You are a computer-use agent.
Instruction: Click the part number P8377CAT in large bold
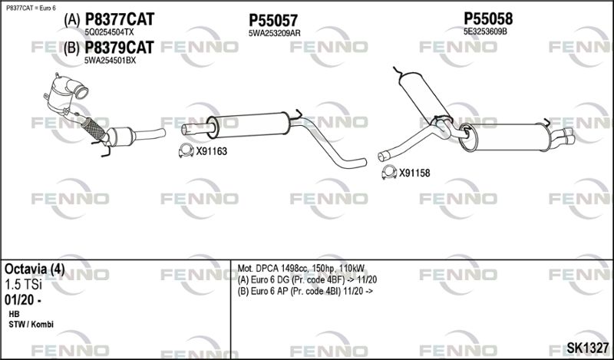point(120,19)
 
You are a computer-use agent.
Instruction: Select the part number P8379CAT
point(120,48)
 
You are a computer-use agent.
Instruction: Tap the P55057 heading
point(273,21)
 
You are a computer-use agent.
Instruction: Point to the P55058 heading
point(488,18)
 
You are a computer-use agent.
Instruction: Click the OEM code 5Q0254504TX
point(109,32)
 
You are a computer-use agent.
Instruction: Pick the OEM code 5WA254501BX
point(111,61)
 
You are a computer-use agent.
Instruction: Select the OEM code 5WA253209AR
point(275,34)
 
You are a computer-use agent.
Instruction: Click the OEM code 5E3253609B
point(486,31)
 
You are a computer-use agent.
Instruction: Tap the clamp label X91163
point(212,152)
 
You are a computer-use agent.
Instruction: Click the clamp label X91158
point(414,173)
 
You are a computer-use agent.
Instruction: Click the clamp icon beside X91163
point(186,150)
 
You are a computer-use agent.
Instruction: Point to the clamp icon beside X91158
point(389,172)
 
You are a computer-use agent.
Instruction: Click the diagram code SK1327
point(588,348)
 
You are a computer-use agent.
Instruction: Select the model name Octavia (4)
point(35,269)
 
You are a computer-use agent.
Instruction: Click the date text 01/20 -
point(23,300)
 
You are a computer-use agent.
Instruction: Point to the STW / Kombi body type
point(31,325)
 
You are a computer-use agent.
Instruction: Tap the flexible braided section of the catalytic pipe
point(94,128)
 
